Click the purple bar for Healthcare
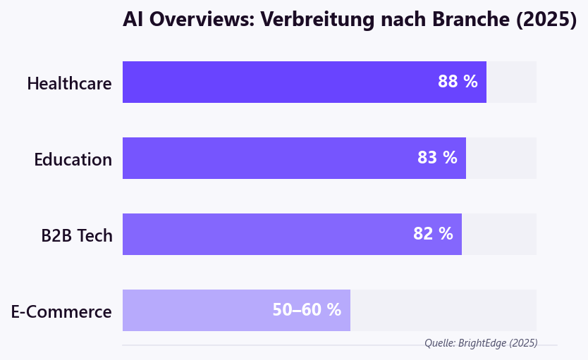coord(282,82)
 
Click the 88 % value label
coord(458,82)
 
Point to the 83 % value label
coord(437,158)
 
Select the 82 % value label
coord(433,234)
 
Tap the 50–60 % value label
coord(307,310)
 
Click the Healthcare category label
coord(69,83)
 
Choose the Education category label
coord(73,159)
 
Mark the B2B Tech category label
coord(76,235)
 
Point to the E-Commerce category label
coord(61,311)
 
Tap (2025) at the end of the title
coord(546,20)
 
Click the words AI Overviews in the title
coord(185,20)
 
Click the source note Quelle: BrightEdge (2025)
coord(481,343)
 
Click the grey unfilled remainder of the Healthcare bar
coord(511,82)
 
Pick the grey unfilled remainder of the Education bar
coord(501,158)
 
